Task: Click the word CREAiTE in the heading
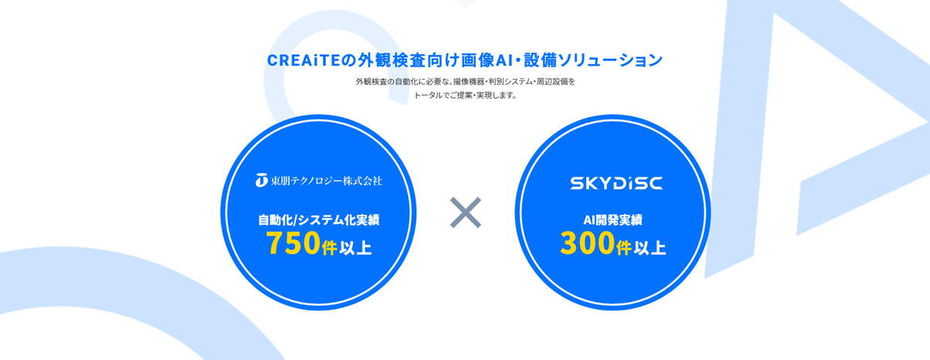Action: pos(304,60)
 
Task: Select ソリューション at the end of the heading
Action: pos(610,60)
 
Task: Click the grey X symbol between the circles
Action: pos(466,212)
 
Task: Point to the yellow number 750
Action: pos(294,243)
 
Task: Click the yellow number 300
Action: pos(588,243)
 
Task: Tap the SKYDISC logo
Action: pos(616,183)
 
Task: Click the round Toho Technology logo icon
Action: pos(261,180)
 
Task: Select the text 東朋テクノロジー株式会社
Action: pos(326,181)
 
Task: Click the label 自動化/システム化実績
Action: pos(319,219)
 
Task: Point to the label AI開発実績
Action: pos(613,219)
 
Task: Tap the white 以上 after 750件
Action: pos(355,248)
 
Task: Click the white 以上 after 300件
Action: pos(650,248)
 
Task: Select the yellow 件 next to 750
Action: pos(329,248)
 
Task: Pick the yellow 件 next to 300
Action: pos(623,248)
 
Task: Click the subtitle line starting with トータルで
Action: pos(465,96)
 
